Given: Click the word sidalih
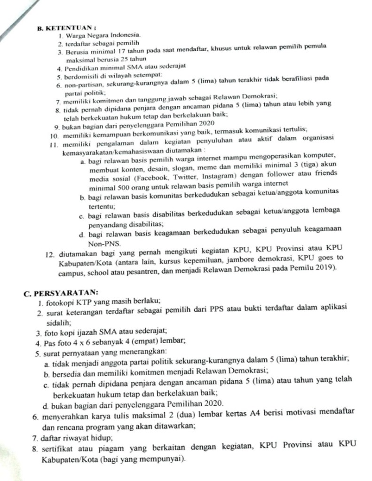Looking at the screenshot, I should [x=58, y=322].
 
